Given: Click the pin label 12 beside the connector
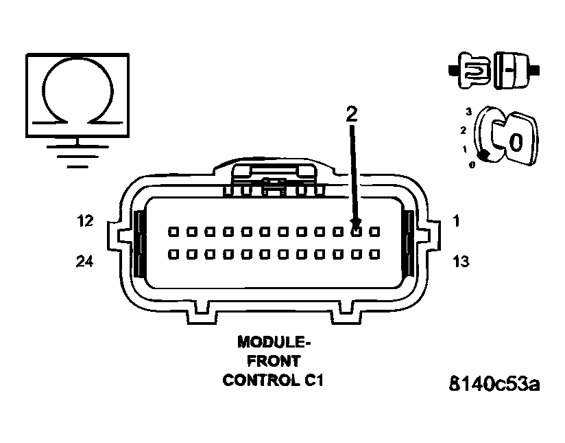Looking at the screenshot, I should pos(85,221).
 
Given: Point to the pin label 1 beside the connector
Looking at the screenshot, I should pos(457,221).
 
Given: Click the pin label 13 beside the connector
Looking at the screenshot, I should pos(461,261).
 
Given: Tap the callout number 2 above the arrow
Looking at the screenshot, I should pos(351,114).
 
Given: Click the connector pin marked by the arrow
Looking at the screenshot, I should pos(356,231).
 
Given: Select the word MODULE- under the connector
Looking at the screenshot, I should pos(274,341).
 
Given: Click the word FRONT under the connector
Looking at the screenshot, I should pos(274,361).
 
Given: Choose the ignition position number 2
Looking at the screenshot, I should pos(464,130).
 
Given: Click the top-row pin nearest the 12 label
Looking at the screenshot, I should pos(173,231).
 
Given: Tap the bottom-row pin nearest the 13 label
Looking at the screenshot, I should pos(374,254).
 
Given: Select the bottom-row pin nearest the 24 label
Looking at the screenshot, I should pos(173,254).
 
